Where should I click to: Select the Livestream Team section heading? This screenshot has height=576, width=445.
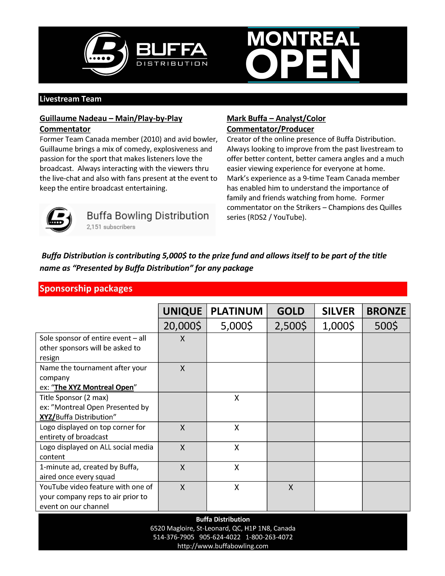[x=70, y=99]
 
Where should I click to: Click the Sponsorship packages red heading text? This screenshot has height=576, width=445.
[x=86, y=289]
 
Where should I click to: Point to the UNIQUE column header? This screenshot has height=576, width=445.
[x=182, y=311]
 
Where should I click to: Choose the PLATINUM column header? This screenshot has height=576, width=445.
[x=237, y=311]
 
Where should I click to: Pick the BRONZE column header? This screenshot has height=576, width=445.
[x=386, y=311]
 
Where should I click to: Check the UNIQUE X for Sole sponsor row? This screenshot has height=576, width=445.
[x=182, y=339]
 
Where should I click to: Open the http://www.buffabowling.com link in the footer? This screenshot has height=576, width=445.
[x=223, y=546]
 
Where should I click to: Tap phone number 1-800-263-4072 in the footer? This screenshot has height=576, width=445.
[x=269, y=537]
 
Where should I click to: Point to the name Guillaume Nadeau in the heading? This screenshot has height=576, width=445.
[x=73, y=118]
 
